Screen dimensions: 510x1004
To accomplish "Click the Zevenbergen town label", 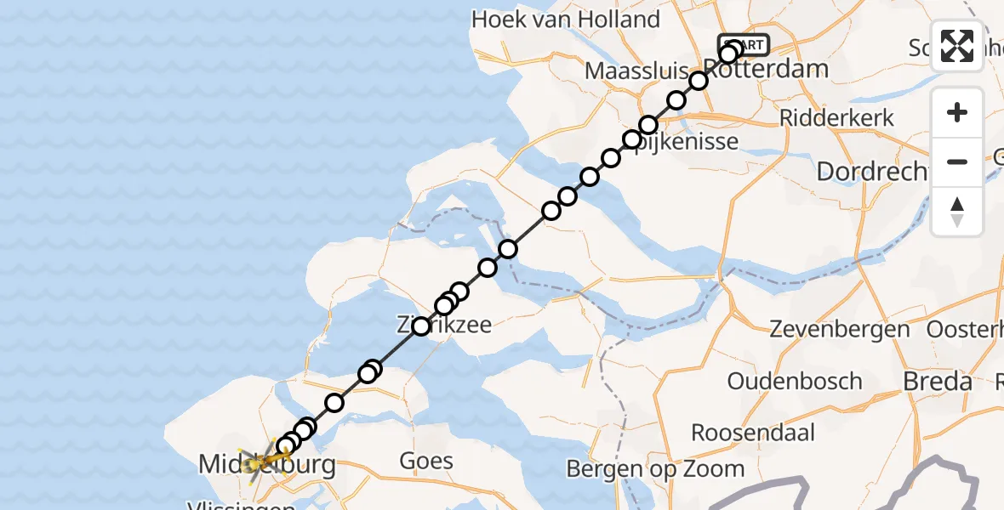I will (x=840, y=329).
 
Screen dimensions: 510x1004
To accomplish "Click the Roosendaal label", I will (x=753, y=432).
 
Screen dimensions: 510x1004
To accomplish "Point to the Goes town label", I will (x=426, y=462).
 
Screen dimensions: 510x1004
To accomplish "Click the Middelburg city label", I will (x=266, y=465).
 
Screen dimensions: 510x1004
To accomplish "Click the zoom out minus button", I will (x=957, y=162).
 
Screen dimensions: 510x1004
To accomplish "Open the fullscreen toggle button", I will (x=957, y=46).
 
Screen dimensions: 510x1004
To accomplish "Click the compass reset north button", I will (x=957, y=212).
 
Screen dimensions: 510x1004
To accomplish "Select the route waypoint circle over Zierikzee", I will (x=421, y=326).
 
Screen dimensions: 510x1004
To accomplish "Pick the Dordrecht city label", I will (x=871, y=172).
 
